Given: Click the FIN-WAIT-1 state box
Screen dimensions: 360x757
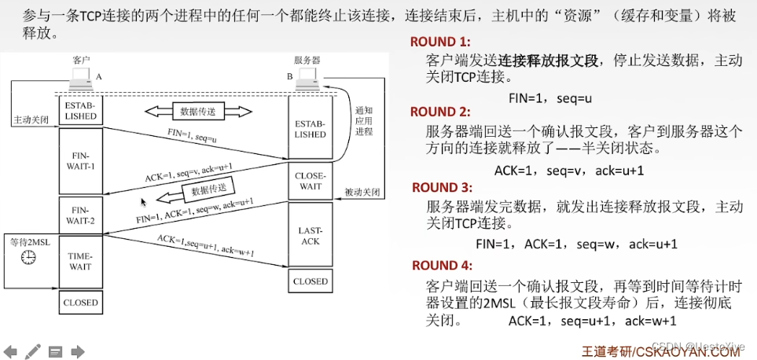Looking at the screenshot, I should pos(80,161).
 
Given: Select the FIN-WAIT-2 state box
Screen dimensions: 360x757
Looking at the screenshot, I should pos(80,215).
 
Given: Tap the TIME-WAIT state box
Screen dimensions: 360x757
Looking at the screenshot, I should pos(80,261).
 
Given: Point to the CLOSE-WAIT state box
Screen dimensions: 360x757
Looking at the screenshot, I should pos(310,182).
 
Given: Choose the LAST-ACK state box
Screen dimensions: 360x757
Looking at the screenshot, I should pos(310,235).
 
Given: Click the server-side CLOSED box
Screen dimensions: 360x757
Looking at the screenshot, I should pos(310,281).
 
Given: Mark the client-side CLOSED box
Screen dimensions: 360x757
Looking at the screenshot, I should pos(80,303).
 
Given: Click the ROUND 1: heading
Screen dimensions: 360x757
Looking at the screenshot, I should pos(440,42).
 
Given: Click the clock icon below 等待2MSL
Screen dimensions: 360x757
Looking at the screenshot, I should pos(28,257).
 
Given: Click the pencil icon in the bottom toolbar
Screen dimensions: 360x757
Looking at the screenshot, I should pos(33,351).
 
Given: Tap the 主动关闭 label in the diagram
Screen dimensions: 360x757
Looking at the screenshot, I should pos(31,120).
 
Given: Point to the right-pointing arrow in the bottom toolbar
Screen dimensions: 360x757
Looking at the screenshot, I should pos(78,351).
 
